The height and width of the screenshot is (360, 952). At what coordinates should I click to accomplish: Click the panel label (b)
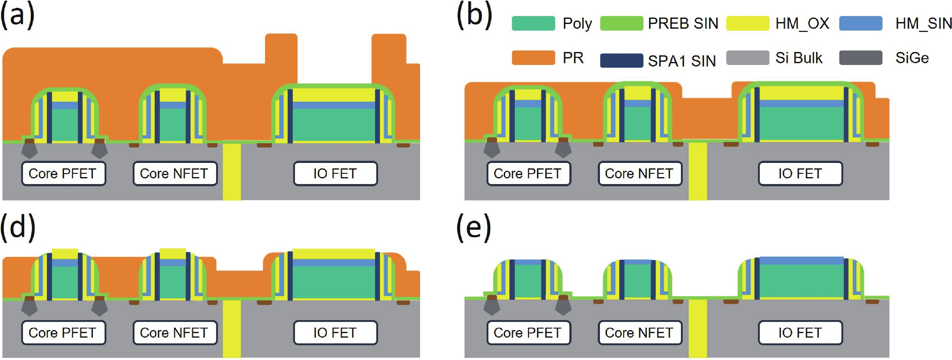[474, 17]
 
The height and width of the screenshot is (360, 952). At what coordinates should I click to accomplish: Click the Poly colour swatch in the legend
[533, 23]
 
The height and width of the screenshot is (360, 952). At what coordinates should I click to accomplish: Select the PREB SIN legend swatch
[621, 23]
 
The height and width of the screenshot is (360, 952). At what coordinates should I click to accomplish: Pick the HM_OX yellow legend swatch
[748, 23]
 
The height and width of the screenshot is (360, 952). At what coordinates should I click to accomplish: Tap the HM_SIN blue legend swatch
[861, 23]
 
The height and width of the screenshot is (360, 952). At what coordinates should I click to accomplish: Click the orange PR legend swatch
[533, 58]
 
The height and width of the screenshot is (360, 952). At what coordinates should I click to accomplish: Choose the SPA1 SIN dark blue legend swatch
[621, 60]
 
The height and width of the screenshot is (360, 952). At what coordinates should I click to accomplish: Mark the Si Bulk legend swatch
[748, 58]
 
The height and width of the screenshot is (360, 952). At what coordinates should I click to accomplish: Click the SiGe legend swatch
[861, 58]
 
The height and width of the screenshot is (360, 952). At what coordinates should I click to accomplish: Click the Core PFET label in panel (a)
[63, 173]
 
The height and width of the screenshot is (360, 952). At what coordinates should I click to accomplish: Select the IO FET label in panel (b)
[800, 173]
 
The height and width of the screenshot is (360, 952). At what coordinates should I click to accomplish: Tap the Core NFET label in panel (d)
[175, 333]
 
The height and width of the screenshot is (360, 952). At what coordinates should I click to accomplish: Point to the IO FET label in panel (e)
[800, 333]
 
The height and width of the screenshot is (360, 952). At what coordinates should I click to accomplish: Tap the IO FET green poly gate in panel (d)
[334, 283]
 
